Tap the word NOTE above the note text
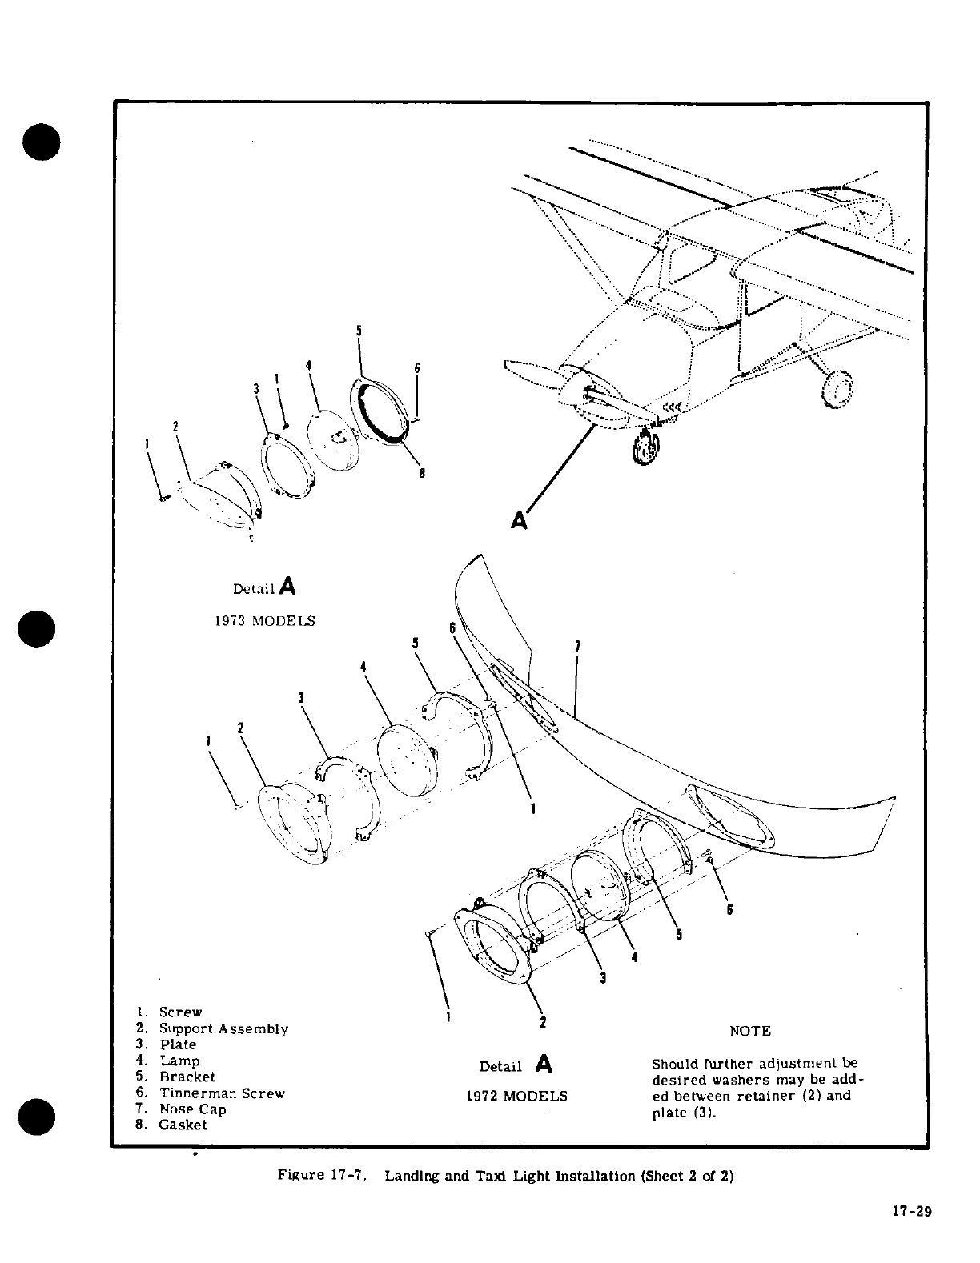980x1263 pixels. point(750,1031)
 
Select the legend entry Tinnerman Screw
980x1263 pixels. point(222,1093)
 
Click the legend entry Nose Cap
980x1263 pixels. point(192,1109)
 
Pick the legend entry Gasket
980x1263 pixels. point(183,1125)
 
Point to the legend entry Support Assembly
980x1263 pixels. point(223,1029)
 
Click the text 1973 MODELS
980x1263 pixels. point(264,621)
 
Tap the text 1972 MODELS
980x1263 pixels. point(516,1096)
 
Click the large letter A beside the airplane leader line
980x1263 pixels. point(519,521)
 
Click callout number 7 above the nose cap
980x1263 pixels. point(577,646)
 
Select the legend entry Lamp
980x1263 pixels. point(179,1061)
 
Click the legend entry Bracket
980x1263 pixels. point(187,1077)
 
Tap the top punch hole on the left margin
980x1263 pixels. point(42,142)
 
